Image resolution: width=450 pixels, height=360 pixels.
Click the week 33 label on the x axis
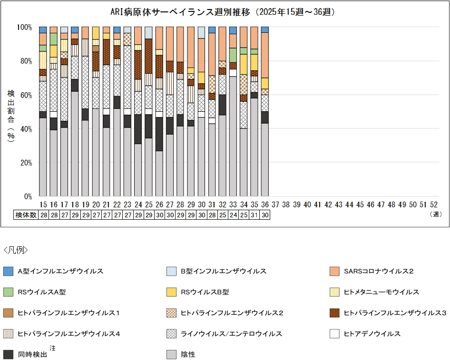point(233,204)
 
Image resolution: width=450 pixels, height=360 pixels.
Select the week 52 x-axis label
point(433,204)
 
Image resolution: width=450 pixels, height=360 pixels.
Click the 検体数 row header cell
point(26,215)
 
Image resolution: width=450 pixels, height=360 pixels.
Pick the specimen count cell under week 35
point(254,215)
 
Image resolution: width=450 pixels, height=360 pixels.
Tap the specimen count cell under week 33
point(233,215)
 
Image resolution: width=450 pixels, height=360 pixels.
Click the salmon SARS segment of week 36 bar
point(264,55)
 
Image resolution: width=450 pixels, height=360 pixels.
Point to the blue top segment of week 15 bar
point(43,29)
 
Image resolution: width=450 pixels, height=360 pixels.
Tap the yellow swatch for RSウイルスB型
point(172,292)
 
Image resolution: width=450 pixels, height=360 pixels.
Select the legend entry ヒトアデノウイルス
point(372,334)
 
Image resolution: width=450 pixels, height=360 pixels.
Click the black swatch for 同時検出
point(8,354)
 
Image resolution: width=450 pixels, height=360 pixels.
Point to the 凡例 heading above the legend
point(16,250)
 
